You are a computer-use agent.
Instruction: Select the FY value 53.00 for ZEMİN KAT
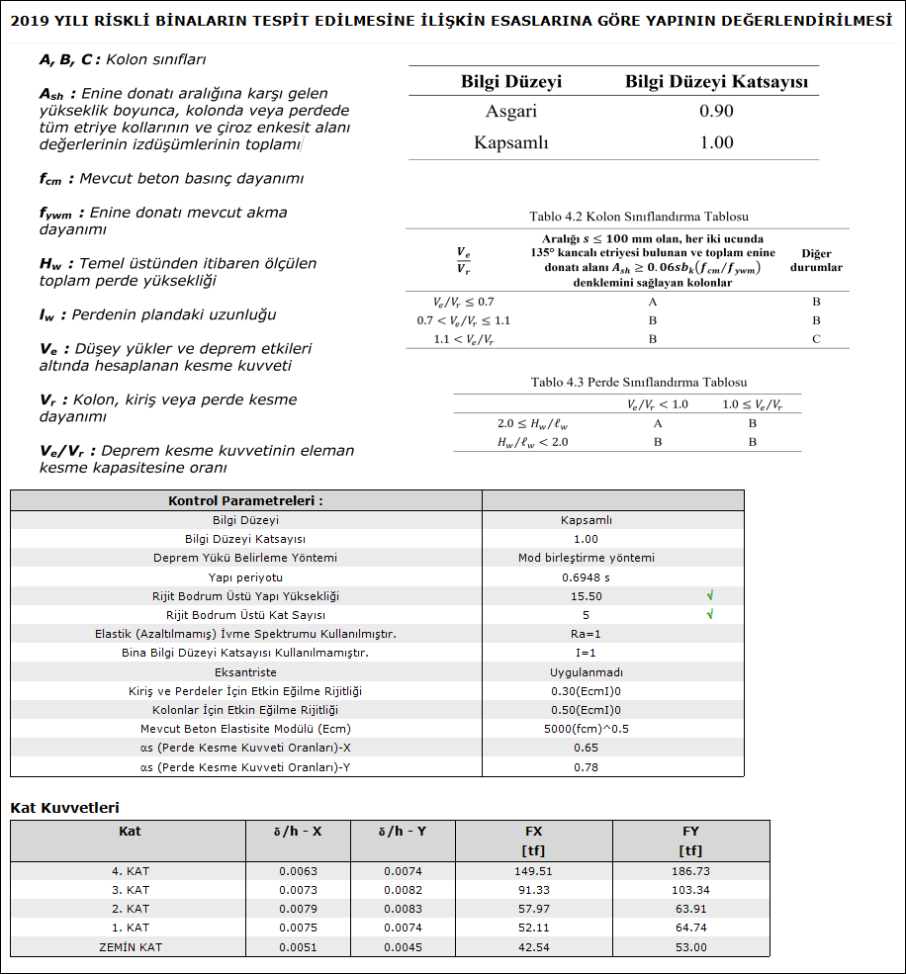tap(691, 947)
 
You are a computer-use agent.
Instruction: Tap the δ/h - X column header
tap(298, 832)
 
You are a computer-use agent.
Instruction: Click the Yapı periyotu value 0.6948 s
tap(586, 577)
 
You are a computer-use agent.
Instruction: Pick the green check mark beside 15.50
tap(710, 596)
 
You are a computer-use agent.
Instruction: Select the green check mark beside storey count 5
tap(710, 615)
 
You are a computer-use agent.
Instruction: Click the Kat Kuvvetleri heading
tap(64, 808)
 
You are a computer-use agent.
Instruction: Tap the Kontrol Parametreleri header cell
tap(246, 500)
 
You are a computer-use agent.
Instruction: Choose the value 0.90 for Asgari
tap(716, 111)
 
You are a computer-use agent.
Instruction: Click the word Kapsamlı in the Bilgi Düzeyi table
tap(510, 142)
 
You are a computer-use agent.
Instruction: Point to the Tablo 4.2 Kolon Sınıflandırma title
tap(638, 217)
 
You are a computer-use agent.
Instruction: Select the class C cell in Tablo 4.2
tap(816, 339)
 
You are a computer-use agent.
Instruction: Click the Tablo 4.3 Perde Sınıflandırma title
tap(638, 383)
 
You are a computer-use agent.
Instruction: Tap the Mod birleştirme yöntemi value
tap(586, 558)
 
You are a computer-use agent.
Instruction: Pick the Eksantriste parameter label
tap(246, 672)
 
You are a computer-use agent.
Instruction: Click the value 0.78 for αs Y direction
tap(586, 767)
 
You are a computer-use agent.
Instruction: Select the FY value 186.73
tap(691, 871)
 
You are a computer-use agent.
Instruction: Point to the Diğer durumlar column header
tap(816, 260)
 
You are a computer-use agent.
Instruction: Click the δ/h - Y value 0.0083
tap(403, 909)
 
